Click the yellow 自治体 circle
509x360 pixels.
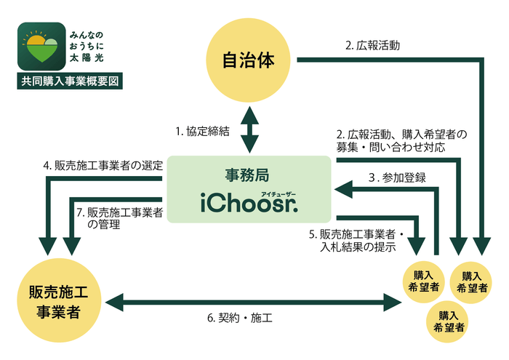[250, 60]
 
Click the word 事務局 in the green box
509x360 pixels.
[249, 175]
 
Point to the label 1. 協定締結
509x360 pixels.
[202, 132]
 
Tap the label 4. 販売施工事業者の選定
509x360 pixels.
[102, 166]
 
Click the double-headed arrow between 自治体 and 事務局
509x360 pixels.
[250, 129]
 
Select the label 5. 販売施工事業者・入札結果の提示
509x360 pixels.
[357, 241]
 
